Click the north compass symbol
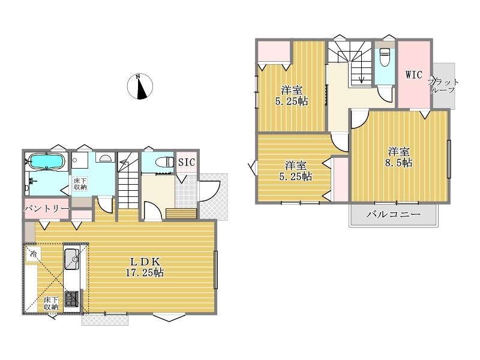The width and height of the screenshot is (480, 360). coord(140,86)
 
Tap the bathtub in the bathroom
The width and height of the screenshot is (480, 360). coord(47,161)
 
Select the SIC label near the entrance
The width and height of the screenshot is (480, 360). coord(187,162)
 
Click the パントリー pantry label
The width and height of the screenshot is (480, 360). coord(47,209)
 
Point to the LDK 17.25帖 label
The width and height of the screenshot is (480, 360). coord(145,266)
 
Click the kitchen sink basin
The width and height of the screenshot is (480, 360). coord(71,259)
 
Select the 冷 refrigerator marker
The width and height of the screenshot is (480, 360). coord(33,253)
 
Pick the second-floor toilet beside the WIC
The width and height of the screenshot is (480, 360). coord(385,57)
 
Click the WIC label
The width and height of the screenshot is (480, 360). coord(414,75)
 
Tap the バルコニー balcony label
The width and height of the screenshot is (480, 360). coord(394,214)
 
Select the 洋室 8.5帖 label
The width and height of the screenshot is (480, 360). coord(398,157)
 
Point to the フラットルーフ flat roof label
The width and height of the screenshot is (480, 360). coord(443,86)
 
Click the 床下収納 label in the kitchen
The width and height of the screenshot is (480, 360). coord(51,303)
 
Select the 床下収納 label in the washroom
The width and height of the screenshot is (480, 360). coord(80,184)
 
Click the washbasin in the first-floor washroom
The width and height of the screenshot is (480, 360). coord(106,158)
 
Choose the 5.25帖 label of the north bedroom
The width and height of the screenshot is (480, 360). coord(292,101)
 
